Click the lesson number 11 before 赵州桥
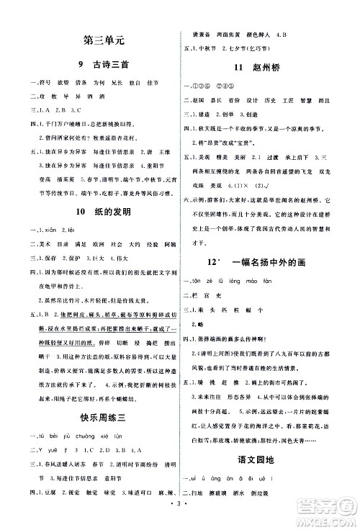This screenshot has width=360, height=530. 242,69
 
